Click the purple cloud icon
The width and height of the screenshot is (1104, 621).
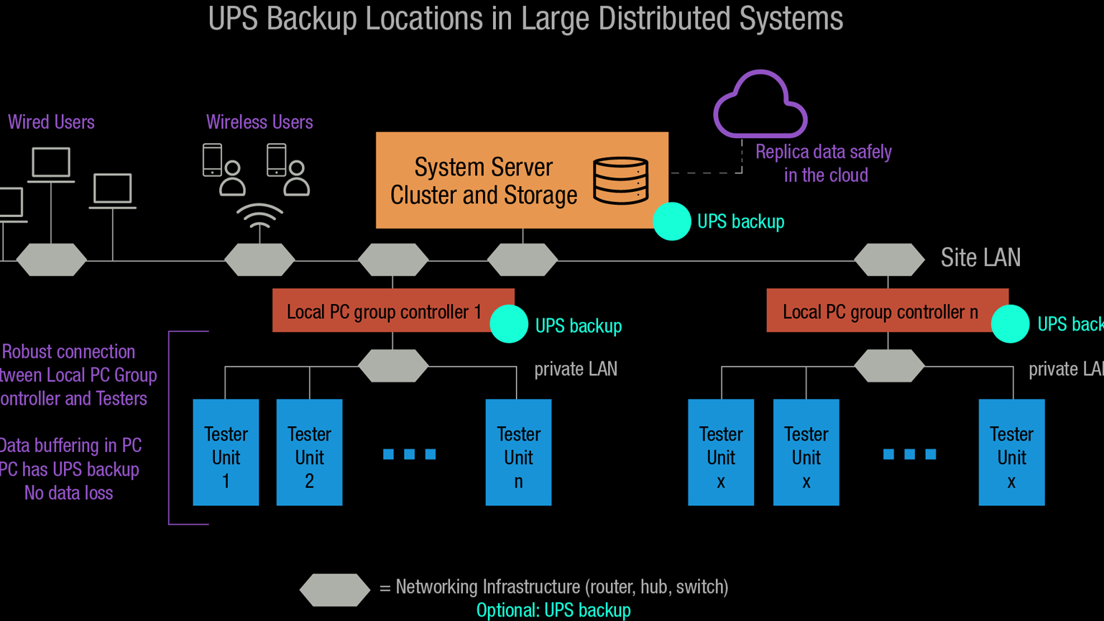(x=760, y=106)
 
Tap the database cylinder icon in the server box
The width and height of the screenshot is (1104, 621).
(x=620, y=181)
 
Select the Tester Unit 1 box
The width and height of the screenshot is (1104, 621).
(x=226, y=453)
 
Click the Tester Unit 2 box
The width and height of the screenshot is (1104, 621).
(x=309, y=453)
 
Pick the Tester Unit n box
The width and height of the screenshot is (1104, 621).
(x=518, y=453)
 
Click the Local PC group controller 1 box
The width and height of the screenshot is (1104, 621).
(x=385, y=311)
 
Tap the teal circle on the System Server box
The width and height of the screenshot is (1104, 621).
(x=671, y=221)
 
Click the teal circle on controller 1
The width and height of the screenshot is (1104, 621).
(x=509, y=324)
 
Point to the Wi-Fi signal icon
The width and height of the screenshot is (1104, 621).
(x=259, y=216)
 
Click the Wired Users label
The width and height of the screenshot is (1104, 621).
(x=51, y=122)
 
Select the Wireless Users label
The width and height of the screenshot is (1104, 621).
(x=259, y=122)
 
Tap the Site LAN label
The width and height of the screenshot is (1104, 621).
(x=980, y=257)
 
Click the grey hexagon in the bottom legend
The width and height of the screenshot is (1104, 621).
(x=335, y=589)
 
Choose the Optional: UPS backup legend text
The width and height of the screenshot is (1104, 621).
(x=553, y=610)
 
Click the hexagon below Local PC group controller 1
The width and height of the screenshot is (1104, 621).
(x=393, y=366)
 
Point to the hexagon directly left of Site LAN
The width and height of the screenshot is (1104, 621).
(x=889, y=259)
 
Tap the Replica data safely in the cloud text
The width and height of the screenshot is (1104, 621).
(x=824, y=163)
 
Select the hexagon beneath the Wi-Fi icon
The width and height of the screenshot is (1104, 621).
(x=259, y=259)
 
